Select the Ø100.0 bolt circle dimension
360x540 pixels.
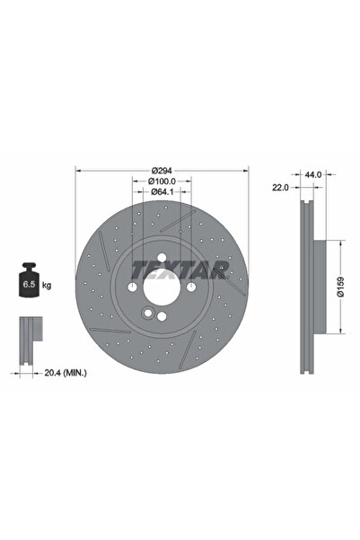click(x=162, y=181)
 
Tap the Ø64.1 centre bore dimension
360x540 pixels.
click(x=162, y=191)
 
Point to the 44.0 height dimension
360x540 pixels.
click(x=312, y=174)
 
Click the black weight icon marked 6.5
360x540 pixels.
click(x=29, y=283)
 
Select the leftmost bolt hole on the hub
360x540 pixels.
click(x=132, y=287)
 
